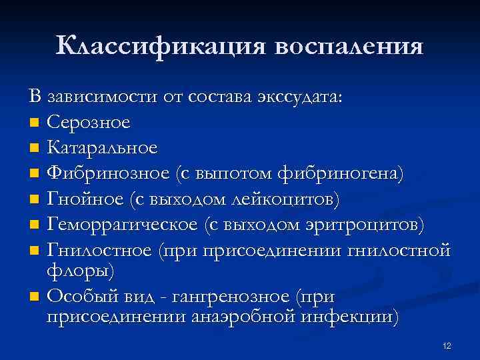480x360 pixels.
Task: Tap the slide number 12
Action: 447,346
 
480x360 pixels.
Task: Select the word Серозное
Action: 89,122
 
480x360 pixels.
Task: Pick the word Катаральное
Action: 103,147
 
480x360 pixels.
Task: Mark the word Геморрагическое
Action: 122,223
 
